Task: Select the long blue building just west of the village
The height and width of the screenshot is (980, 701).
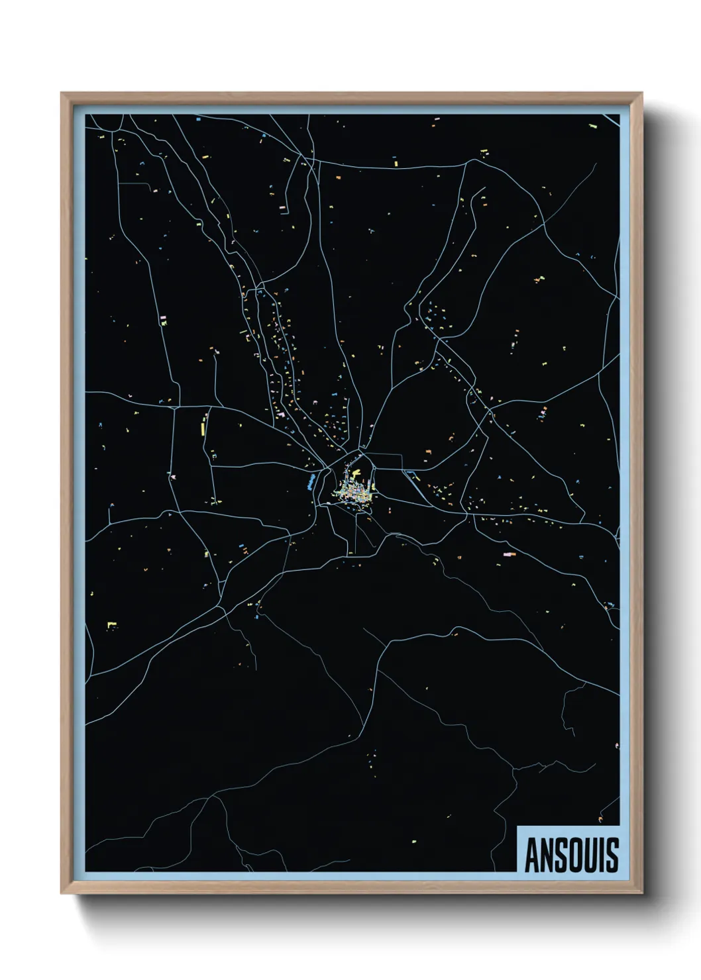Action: tap(310, 481)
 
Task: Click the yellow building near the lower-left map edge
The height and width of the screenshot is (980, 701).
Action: tap(111, 624)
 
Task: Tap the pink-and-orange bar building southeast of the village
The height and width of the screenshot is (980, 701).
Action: tap(509, 554)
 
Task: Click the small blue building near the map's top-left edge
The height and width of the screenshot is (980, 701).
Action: tap(197, 119)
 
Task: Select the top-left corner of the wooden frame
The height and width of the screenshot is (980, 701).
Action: tap(62, 93)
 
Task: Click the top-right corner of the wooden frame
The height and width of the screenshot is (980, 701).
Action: tap(643, 93)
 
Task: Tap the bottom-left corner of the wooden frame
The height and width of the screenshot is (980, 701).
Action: tap(62, 893)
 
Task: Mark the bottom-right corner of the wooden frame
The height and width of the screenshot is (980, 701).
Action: tap(643, 893)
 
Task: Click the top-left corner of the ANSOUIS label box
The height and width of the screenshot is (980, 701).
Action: tap(517, 826)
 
